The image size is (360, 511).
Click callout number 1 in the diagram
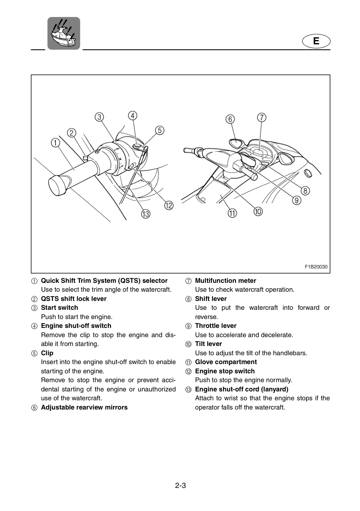pos(55,143)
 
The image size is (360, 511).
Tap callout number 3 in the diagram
pos(99,117)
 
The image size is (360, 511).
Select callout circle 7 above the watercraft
pos(262,117)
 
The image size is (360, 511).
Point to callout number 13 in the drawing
pos(146,214)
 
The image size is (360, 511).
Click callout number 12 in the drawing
pos(169,205)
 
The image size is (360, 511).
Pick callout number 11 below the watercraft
pos(233,213)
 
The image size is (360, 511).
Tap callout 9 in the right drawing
pos(296,200)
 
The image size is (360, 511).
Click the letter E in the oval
pos(316,41)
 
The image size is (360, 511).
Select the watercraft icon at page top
pos(64,33)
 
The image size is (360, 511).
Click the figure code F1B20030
pos(316,267)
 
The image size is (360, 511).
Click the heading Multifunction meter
pos(225,281)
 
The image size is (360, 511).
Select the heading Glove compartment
pos(226,362)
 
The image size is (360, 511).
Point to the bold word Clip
pos(47,353)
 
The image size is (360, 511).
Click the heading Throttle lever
pos(216,326)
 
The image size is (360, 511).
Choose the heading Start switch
pos(60,308)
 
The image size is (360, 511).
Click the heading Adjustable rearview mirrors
pos(84,407)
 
